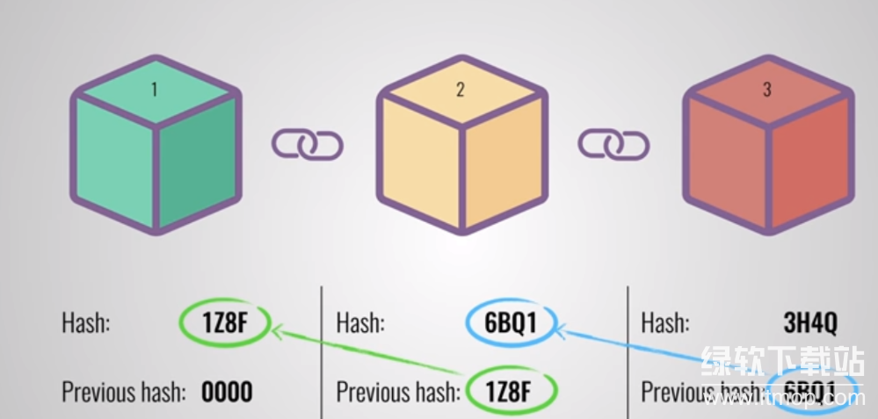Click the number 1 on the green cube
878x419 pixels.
coord(155,90)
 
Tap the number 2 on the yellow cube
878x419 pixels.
coord(461,90)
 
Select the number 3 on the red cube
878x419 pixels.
coord(766,90)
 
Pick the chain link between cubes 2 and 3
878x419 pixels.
coord(613,143)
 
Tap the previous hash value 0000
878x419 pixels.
coord(227,392)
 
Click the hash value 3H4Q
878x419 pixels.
coord(809,322)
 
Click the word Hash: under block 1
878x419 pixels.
coord(85,322)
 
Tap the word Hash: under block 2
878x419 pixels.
coord(360,322)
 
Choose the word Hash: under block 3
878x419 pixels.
coord(665,322)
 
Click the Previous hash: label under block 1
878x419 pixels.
coord(124,392)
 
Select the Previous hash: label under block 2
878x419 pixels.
coord(398,392)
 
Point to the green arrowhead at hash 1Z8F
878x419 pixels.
coord(276,330)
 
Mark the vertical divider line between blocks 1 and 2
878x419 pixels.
coord(322,351)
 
